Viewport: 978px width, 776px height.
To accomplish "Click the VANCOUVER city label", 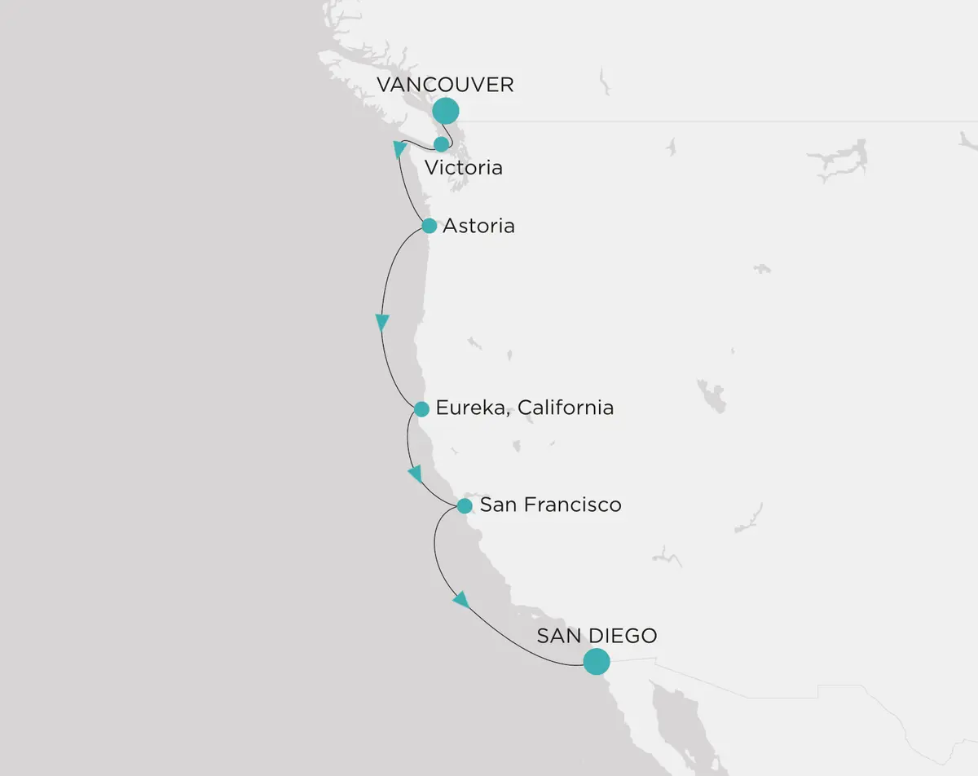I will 445,85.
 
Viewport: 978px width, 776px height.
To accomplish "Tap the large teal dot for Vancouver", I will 445,111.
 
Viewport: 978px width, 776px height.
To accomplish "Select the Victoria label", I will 463,168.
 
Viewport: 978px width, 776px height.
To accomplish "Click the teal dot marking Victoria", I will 441,144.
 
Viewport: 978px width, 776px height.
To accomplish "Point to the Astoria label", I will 478,226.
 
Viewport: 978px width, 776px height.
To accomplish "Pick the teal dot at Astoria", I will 429,226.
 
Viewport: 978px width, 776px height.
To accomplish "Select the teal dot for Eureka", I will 421,409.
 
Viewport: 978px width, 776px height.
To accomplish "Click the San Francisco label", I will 550,505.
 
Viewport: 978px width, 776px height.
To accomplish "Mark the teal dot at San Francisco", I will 464,506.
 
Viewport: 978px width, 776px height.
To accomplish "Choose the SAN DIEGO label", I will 597,636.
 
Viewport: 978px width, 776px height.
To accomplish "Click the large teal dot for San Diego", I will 597,661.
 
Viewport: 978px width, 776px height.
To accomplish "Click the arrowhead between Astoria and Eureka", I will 382,323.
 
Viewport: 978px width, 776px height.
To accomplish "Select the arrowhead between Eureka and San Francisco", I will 416,474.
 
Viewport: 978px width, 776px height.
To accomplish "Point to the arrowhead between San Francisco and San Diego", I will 461,601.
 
